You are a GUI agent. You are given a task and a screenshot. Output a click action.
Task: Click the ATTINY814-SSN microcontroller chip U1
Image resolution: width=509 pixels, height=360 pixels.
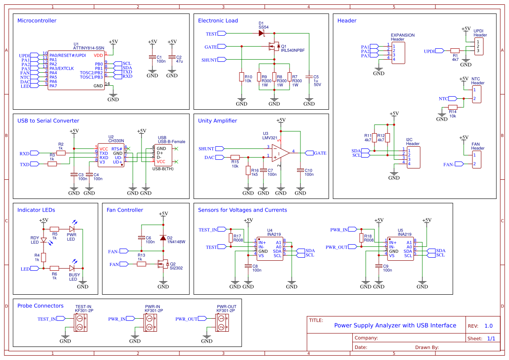76,71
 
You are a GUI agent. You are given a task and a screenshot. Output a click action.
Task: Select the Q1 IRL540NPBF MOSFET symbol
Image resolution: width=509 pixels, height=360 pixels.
274,46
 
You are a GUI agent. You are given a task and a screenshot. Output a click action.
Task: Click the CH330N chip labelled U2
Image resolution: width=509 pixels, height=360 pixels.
110,155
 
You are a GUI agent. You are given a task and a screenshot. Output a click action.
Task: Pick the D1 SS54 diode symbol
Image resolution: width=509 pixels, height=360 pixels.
261,33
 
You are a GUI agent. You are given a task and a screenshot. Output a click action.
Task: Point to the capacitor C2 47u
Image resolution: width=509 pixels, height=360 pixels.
172,57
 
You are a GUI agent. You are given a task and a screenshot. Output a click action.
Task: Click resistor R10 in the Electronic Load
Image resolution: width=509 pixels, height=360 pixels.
241,77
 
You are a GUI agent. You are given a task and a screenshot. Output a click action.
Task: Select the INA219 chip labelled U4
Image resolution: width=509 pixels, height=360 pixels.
270,249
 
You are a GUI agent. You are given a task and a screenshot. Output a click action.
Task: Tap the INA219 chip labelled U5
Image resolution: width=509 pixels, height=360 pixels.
400,249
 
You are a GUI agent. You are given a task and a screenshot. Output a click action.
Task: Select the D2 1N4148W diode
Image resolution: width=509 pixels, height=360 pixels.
163,238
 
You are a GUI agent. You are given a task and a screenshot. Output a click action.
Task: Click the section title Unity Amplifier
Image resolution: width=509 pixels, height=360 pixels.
217,121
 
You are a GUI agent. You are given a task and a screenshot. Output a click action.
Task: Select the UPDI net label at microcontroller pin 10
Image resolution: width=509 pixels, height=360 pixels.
24,56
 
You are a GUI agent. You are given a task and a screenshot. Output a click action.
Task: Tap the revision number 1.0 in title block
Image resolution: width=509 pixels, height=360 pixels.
489,326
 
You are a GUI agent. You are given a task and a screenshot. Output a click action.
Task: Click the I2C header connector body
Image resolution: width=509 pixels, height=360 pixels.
413,157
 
